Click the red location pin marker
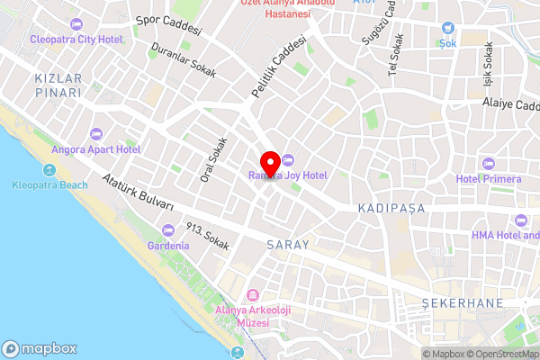click(268, 163)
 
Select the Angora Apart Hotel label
click(95, 149)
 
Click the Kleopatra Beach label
click(50, 185)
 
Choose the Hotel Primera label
click(489, 178)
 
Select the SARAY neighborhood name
click(288, 245)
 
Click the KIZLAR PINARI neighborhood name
click(58, 85)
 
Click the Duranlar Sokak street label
click(184, 60)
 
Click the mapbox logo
click(40, 348)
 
